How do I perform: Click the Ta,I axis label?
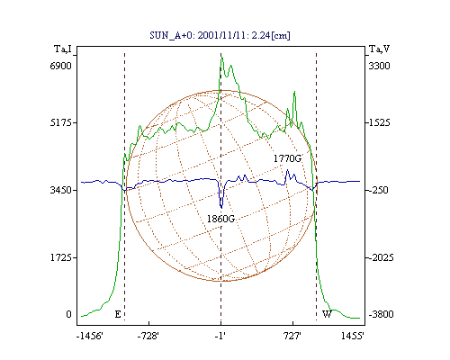63,49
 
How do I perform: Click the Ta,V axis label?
379,49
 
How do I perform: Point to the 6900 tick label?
60,66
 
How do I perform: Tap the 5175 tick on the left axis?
60,122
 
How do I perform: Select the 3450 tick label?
60,190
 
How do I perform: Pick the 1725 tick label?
60,257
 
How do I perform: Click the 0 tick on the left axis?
68,314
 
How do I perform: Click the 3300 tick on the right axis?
379,66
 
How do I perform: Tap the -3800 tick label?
381,314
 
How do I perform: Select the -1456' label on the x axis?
90,336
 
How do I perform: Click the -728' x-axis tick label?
148,336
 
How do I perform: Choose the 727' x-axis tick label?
292,336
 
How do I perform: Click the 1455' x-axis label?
353,336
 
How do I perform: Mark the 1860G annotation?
220,219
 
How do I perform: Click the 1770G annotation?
287,158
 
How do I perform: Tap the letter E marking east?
118,314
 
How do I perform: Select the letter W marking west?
327,314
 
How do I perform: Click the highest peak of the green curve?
221,57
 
